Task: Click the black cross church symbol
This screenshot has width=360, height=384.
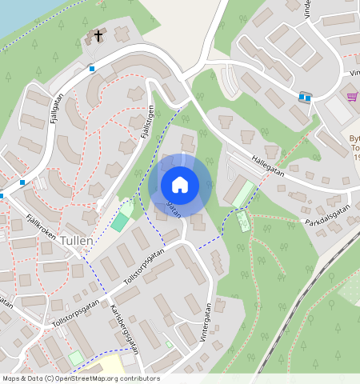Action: (99, 36)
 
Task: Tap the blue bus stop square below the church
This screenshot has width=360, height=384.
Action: (92, 69)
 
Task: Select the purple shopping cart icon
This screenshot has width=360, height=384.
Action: (352, 97)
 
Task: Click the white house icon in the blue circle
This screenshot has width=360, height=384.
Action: (180, 185)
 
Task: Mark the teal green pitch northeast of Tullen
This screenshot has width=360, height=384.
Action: (120, 222)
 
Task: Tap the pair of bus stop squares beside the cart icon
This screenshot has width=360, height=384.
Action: (305, 98)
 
